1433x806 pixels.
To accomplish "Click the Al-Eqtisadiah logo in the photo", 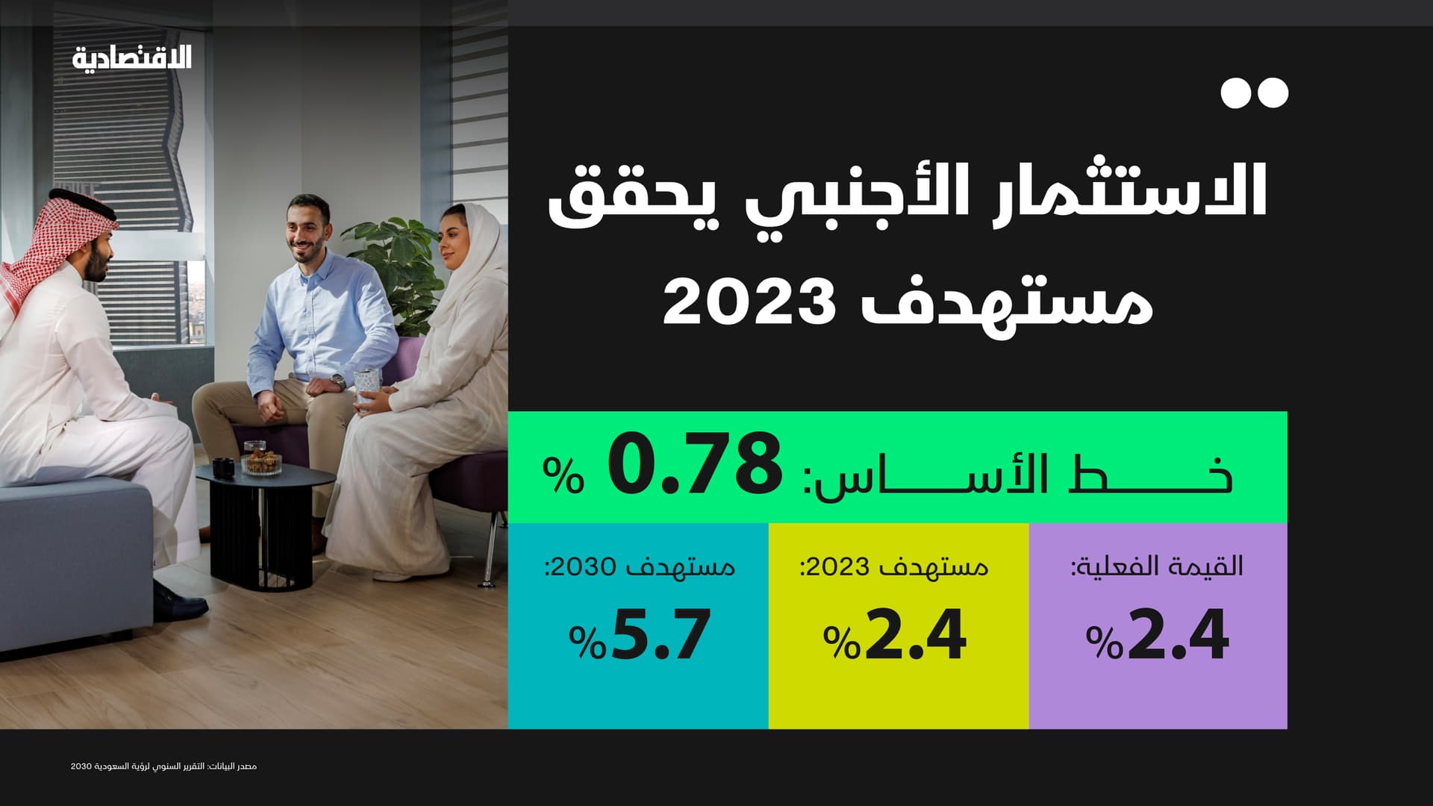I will coord(132,57).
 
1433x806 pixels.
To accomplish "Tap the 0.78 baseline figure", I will coord(695,466).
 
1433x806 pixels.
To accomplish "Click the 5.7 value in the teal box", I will coord(660,635).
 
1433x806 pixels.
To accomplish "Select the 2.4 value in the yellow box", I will coord(915,635).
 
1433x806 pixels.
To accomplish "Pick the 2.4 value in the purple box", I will coord(1178,635).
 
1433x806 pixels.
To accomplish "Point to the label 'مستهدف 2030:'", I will coord(640,567).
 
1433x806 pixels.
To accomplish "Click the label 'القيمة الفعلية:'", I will coord(1158,566).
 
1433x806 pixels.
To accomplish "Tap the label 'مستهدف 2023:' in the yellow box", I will coord(894,567).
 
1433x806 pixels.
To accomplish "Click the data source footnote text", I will coord(163,766).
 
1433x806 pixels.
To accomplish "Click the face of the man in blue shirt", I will coord(306,231).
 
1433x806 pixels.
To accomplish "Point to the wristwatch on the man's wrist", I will coord(338,383).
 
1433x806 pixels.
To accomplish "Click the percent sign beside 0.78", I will coord(563,475).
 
